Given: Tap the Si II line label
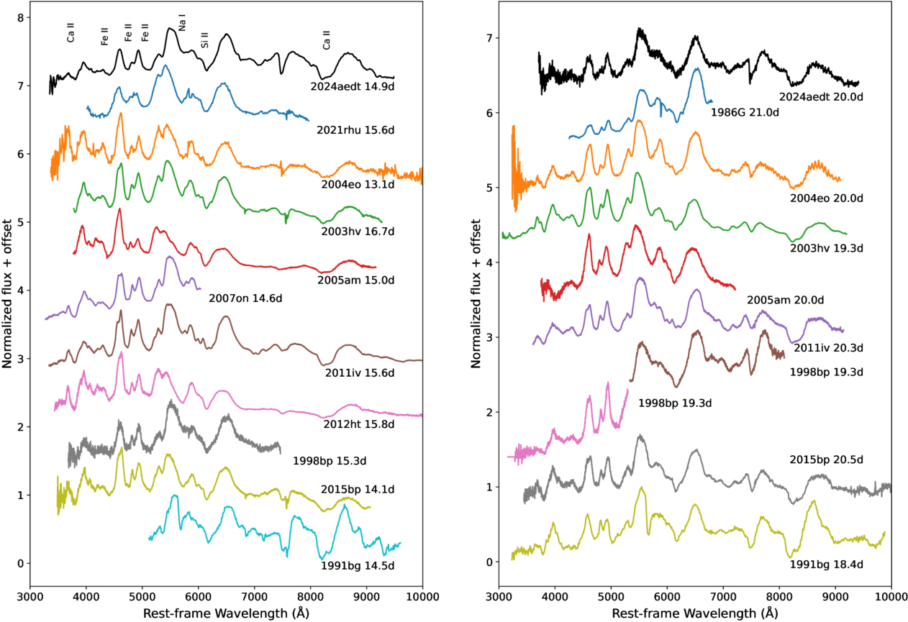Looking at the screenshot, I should [x=205, y=40].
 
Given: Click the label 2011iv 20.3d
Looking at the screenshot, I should [x=828, y=348].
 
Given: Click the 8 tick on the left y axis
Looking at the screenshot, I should [x=22, y=17].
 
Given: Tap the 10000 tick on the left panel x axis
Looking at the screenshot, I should [x=422, y=595].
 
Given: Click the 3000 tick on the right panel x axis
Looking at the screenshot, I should [x=499, y=595].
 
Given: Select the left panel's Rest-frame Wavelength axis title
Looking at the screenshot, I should [x=226, y=613].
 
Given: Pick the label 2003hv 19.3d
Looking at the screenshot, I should [x=827, y=249].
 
